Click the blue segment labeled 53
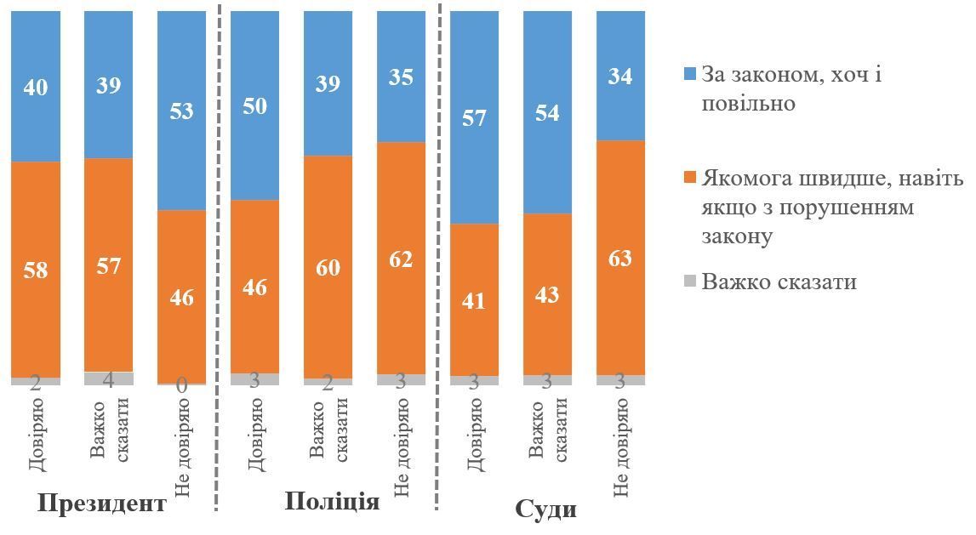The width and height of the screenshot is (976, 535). coord(182,110)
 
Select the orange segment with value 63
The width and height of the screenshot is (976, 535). coord(620,258)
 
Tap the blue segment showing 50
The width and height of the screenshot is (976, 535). coord(254,105)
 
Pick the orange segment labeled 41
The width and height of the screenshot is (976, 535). coord(474,300)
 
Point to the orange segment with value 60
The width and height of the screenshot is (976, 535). coord(328,267)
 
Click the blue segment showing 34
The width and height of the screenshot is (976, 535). coord(620,76)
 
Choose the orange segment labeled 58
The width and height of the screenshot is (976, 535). coord(36,270)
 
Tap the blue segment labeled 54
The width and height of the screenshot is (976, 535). coord(547,112)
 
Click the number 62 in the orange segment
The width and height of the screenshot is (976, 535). coord(401,259)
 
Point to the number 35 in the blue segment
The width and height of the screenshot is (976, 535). coord(401,77)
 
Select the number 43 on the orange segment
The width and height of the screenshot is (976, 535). coord(547,294)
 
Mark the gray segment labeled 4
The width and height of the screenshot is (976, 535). coord(108,378)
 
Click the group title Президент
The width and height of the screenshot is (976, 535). coord(102,503)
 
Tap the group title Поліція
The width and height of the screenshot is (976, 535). coord(332,501)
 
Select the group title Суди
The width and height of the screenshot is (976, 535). coord(546,510)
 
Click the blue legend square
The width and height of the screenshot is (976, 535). coord(689,75)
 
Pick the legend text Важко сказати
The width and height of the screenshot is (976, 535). coord(779,282)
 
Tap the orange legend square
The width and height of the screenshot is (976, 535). coord(689,179)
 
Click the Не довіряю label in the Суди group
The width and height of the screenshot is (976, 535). coord(620,448)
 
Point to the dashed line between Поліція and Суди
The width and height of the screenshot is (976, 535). coord(437,256)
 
